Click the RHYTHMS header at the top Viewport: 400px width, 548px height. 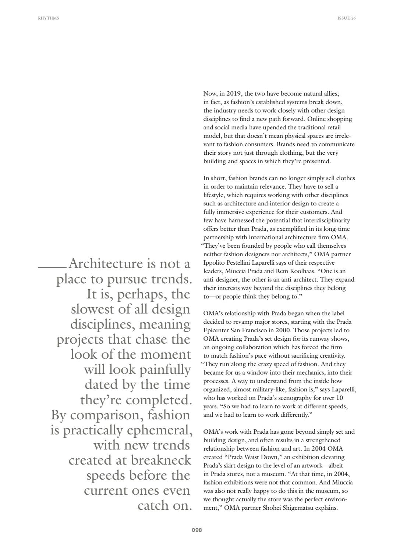tap(48, 18)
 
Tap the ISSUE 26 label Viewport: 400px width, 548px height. tap(346, 18)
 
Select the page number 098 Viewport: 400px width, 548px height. tap(197, 530)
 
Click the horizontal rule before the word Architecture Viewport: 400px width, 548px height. tap(52, 267)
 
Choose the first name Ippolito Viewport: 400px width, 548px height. tap(215, 263)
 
